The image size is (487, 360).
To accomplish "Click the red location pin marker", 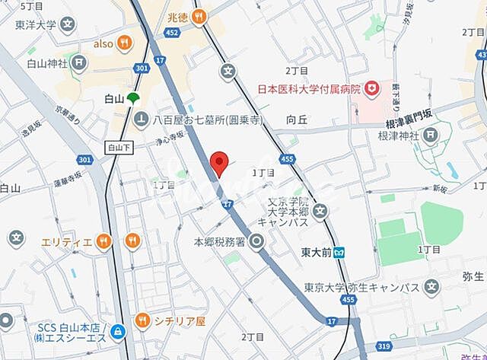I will [x=219, y=163].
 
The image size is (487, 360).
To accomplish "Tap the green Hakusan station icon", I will [x=133, y=98].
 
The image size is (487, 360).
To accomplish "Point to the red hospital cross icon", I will [x=372, y=89].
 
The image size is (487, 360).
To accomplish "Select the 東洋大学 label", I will [x=37, y=24].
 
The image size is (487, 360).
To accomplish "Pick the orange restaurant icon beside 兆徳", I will [x=199, y=15].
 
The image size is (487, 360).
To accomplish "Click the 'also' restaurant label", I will [x=103, y=43].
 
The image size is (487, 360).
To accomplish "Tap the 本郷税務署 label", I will [x=218, y=242].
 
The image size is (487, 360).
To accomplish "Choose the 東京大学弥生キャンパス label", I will [x=362, y=287].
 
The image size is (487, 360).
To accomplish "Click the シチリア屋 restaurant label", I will [x=180, y=321].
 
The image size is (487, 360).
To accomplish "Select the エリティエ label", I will [x=67, y=242].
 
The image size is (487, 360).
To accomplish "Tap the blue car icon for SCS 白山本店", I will [x=118, y=331].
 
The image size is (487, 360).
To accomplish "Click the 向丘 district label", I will [x=297, y=119].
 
